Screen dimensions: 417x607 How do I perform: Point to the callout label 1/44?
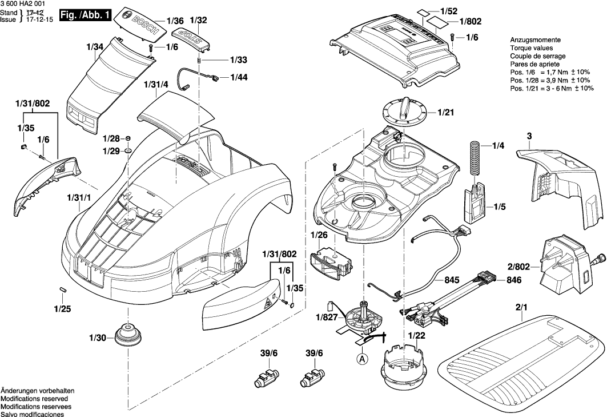click(239, 77)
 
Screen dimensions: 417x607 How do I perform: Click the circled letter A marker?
click(361, 359)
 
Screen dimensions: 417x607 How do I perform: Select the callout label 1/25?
click(62, 309)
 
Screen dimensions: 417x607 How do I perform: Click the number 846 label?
click(498, 281)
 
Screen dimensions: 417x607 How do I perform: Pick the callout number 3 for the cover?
click(529, 136)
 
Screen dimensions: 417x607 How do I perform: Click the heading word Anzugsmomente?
click(534, 41)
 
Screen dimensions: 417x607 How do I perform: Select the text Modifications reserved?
click(34, 398)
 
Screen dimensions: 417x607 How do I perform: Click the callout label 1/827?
click(325, 316)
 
